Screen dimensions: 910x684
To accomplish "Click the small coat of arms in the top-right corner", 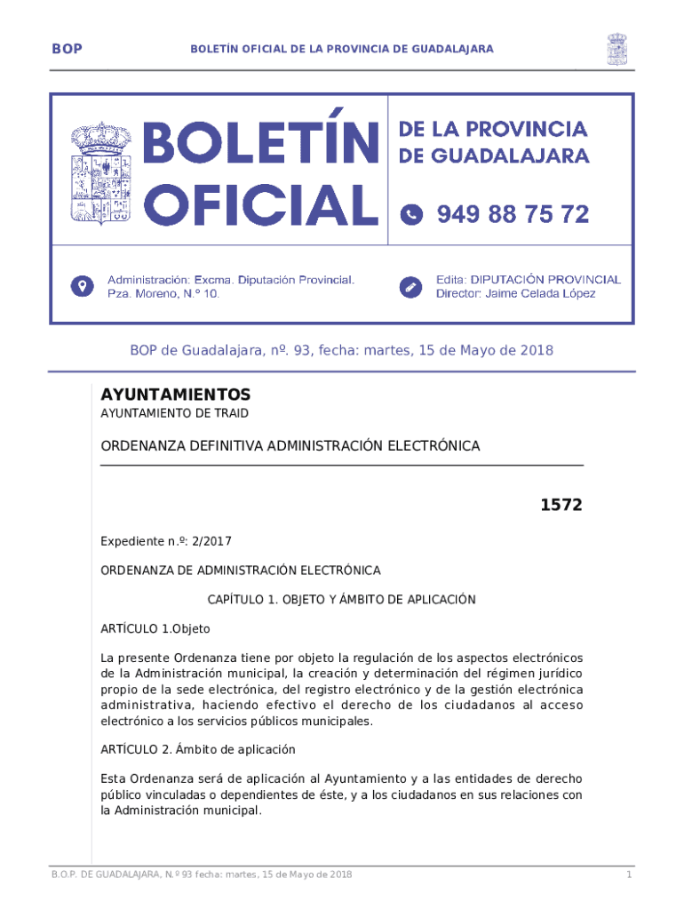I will (x=616, y=49).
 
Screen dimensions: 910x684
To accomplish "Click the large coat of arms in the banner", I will (x=100, y=172).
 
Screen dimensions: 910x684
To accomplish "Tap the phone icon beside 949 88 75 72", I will (x=411, y=214).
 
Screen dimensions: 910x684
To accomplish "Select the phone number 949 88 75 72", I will (x=513, y=214).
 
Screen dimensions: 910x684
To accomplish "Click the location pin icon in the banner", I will (x=83, y=286).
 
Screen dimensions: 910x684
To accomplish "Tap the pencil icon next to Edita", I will (x=410, y=286).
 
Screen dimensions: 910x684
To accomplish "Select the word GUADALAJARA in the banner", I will (x=511, y=156).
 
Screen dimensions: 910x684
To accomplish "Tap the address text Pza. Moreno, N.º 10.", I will (x=163, y=293).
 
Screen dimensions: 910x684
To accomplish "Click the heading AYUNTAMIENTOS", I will (x=176, y=395).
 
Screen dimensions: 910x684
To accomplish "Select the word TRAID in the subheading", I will (x=232, y=413).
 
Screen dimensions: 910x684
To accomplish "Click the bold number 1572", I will (x=561, y=506).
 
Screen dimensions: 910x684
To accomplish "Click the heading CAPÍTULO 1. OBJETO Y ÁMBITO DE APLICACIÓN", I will (x=342, y=600).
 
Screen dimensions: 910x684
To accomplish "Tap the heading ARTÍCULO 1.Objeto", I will (x=155, y=629).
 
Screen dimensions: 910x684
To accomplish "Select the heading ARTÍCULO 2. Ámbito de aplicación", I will (x=197, y=749).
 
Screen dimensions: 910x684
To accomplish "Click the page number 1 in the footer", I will (x=628, y=875).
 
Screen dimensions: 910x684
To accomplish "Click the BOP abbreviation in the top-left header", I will (x=68, y=49).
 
